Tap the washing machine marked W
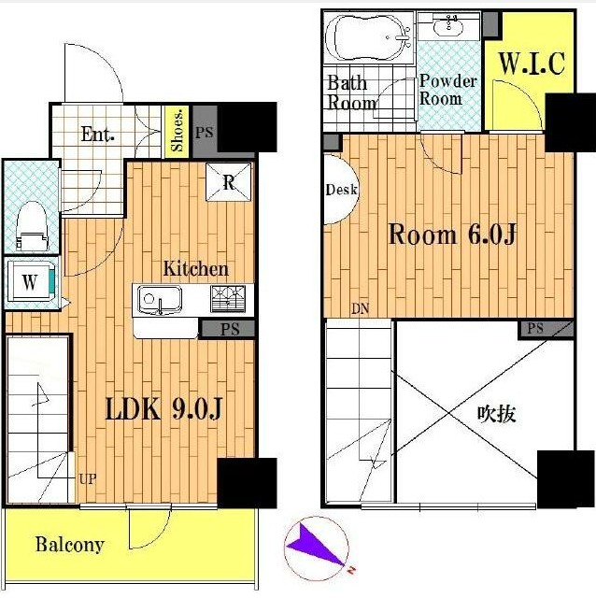[31, 281]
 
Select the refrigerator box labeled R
[229, 182]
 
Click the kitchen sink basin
[160, 300]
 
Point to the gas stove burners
[228, 299]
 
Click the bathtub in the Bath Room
[368, 37]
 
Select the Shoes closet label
[177, 131]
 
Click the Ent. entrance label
[97, 135]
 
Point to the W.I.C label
[532, 63]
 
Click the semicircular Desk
[341, 189]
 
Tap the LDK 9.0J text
[163, 409]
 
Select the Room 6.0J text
[452, 235]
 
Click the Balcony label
[70, 544]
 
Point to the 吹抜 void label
[496, 413]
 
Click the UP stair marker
[87, 478]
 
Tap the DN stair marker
[361, 308]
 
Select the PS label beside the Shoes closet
[205, 133]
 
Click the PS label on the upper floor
[535, 328]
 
